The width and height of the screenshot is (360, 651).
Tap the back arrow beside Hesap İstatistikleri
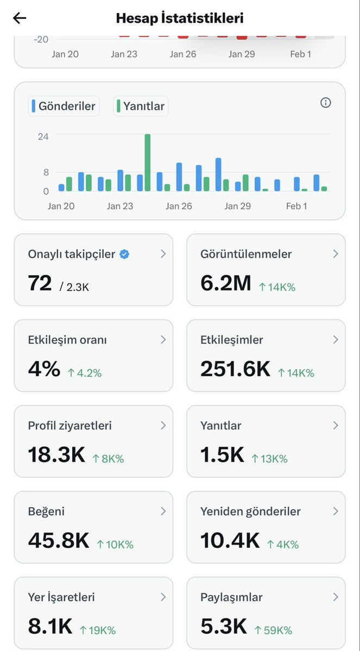(20, 18)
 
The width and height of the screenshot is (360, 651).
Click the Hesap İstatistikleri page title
(180, 18)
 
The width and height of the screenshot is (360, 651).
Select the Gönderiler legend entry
(64, 106)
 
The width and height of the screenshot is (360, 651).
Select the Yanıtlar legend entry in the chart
(141, 106)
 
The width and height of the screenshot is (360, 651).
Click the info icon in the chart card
(325, 103)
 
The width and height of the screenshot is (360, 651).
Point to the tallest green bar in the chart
(147, 162)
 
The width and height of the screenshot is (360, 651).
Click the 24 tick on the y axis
(43, 136)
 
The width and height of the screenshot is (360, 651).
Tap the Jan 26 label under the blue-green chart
(179, 206)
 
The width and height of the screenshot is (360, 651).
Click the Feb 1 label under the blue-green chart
(296, 206)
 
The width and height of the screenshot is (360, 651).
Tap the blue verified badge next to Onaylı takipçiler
(124, 254)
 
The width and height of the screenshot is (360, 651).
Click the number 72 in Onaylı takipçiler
(40, 283)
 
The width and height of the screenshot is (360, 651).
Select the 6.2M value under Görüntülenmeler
(225, 283)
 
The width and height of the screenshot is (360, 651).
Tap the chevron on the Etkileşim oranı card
(163, 340)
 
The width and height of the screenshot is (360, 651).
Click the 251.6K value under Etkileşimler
(235, 369)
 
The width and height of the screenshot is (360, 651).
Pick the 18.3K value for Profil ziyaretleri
(56, 455)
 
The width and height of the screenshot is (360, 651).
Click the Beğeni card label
(46, 511)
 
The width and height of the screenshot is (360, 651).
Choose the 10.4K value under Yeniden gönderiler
(230, 541)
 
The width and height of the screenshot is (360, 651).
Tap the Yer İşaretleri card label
(61, 597)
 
